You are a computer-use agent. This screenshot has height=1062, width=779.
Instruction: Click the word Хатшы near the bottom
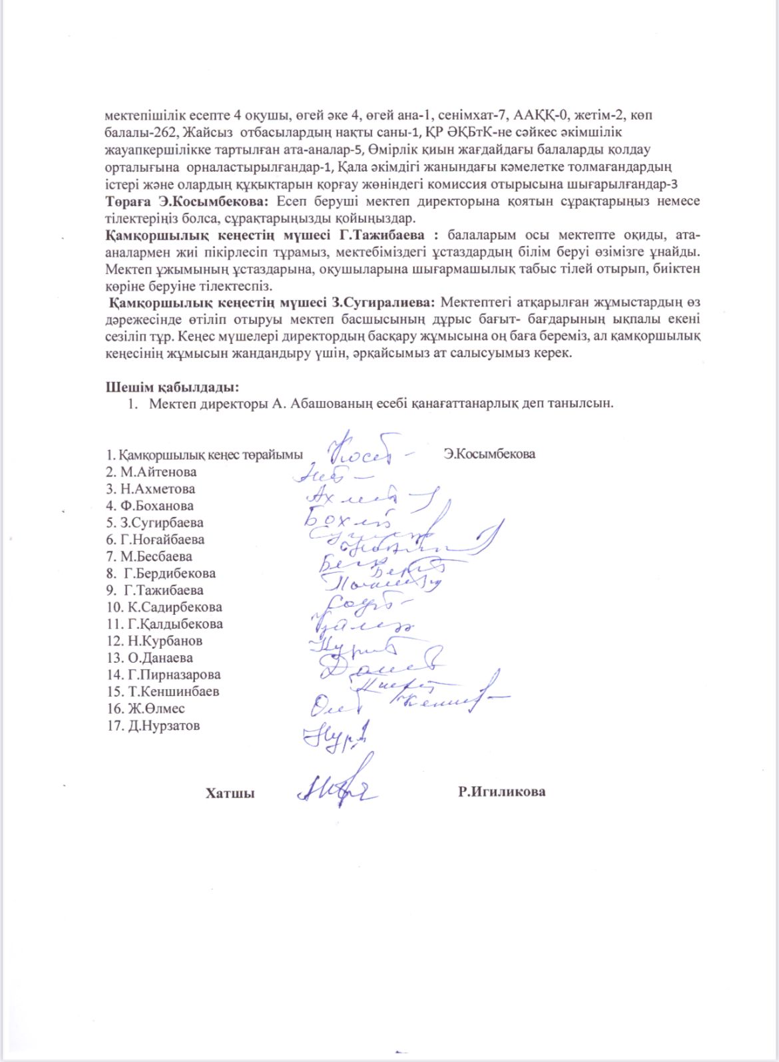(230, 793)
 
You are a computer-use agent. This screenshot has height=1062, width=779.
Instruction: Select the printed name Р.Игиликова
(501, 792)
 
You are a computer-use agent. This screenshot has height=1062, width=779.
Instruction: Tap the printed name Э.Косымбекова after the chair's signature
(489, 454)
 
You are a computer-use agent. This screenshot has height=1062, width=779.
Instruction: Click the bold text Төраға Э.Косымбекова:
(188, 200)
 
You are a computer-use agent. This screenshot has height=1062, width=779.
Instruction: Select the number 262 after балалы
(162, 132)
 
